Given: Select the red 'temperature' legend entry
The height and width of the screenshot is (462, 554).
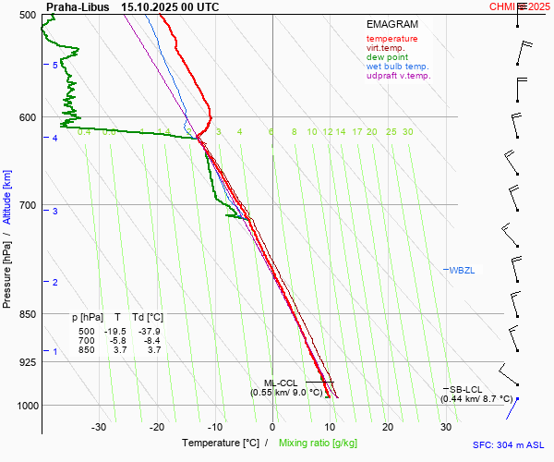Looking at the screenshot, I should [391, 39].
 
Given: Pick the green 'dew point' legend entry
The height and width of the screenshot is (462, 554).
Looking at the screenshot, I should [389, 57].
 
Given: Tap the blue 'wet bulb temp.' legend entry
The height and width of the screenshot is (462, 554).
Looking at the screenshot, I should [397, 67].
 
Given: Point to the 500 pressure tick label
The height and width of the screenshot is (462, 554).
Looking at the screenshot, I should [26, 15].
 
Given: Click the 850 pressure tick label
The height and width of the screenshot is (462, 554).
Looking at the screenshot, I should [26, 314].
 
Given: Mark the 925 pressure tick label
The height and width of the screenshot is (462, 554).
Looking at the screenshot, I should [26, 362].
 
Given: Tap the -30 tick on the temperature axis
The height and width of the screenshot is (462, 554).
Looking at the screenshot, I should [99, 427].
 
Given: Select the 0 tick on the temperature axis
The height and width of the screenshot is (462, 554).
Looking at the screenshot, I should [272, 427].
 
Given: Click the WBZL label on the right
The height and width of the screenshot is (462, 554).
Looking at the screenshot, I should [461, 270].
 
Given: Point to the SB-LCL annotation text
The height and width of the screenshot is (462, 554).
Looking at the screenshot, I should [467, 389].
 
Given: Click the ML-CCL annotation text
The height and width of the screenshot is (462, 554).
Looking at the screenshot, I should [280, 383].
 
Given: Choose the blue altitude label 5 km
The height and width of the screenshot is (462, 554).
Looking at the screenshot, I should [55, 65].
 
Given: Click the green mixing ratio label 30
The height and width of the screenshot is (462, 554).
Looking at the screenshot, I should [407, 132].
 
